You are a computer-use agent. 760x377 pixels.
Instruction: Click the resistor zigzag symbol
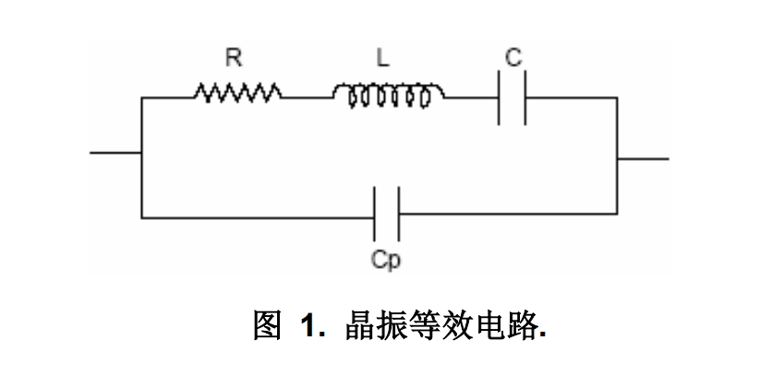pos(236,92)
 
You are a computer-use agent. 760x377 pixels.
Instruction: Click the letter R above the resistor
pos(234,57)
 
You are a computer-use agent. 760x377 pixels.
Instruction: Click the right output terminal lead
pos(644,158)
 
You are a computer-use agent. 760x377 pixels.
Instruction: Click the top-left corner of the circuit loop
pos(141,95)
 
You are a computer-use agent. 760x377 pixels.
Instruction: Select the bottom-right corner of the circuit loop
pos(618,216)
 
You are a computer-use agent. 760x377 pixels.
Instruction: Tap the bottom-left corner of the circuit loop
pos(141,217)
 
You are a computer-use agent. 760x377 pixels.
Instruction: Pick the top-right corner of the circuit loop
pos(618,96)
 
